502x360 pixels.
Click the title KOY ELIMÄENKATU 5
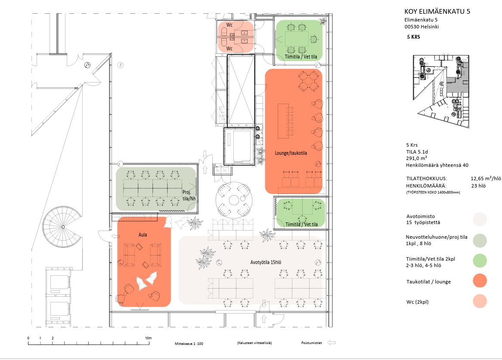(x=437, y=12)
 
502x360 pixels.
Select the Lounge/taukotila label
(x=291, y=153)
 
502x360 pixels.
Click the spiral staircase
(x=62, y=226)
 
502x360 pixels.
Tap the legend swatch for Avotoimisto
(x=479, y=219)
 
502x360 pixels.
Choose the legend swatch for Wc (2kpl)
(x=479, y=302)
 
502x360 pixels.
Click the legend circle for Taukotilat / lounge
(x=479, y=281)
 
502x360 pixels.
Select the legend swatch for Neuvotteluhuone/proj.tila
(x=479, y=240)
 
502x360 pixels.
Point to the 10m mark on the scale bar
(x=149, y=338)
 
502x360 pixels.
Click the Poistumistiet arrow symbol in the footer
(x=331, y=343)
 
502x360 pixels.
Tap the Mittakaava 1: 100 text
(x=189, y=344)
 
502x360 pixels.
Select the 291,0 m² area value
(x=415, y=158)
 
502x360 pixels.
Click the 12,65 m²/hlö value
(x=485, y=178)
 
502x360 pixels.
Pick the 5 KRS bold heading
(x=413, y=37)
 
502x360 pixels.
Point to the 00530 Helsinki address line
(x=422, y=27)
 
